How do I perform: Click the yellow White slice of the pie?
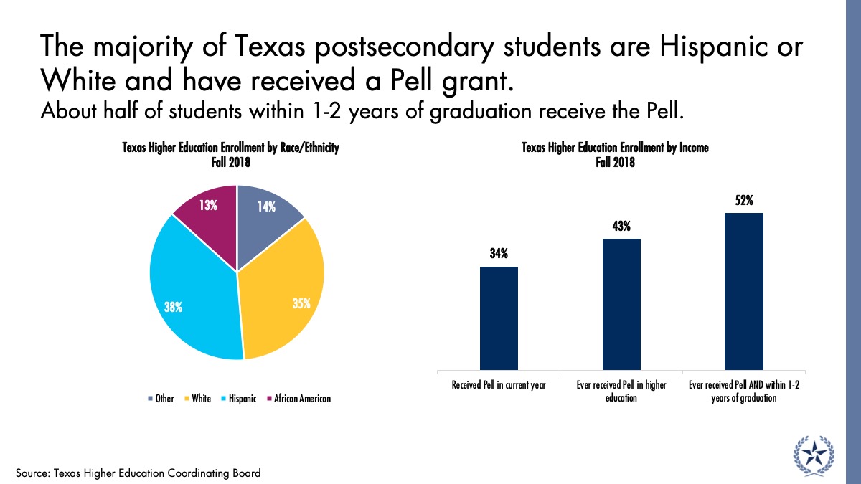pos(283,287)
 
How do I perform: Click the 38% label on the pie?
pos(173,307)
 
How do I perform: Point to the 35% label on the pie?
pos(301,303)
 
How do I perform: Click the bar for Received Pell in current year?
pos(499,318)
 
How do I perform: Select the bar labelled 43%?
pos(621,304)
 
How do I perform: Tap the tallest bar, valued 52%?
pos(744,291)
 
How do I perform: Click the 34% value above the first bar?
pos(499,254)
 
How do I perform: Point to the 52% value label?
pos(744,201)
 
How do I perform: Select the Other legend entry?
pos(161,399)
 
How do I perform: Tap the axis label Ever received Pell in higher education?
pos(621,391)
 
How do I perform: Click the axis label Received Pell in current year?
pos(499,385)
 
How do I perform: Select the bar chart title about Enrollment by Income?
pos(615,155)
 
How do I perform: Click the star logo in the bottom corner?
pos(814,455)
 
